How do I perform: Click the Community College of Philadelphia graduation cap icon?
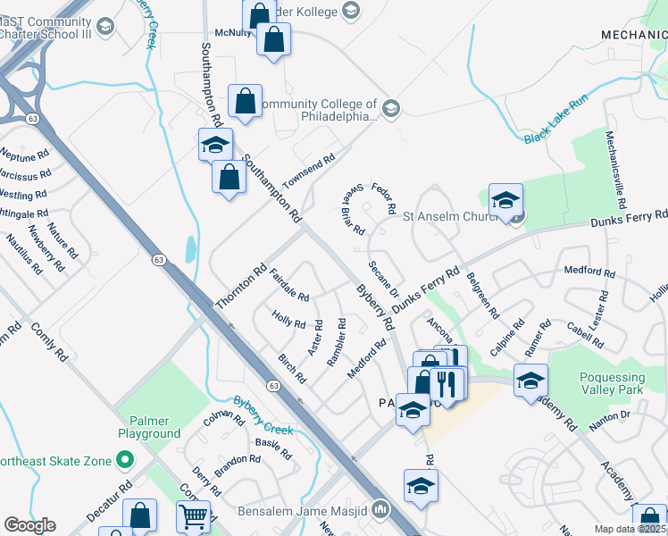point(391,109)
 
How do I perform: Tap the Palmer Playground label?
point(149,426)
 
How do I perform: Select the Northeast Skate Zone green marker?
point(124,460)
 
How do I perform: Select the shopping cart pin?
point(194,515)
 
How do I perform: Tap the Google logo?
point(29,525)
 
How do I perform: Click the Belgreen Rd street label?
point(480,296)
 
